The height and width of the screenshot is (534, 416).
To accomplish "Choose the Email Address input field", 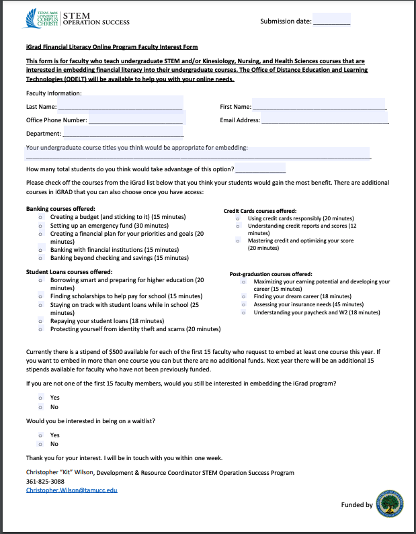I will [x=325, y=120].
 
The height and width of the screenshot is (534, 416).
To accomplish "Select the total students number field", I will [x=260, y=168].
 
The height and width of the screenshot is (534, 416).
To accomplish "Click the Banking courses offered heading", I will [x=60, y=209].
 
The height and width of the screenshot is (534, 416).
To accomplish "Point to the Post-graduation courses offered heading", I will [x=271, y=274].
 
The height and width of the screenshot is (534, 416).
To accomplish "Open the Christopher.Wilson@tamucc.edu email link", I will [x=71, y=490].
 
